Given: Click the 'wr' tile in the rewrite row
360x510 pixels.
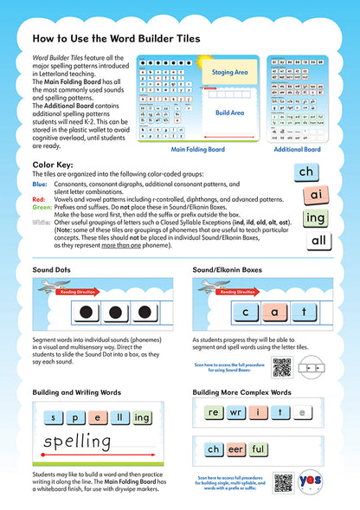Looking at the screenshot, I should click(x=237, y=412).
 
